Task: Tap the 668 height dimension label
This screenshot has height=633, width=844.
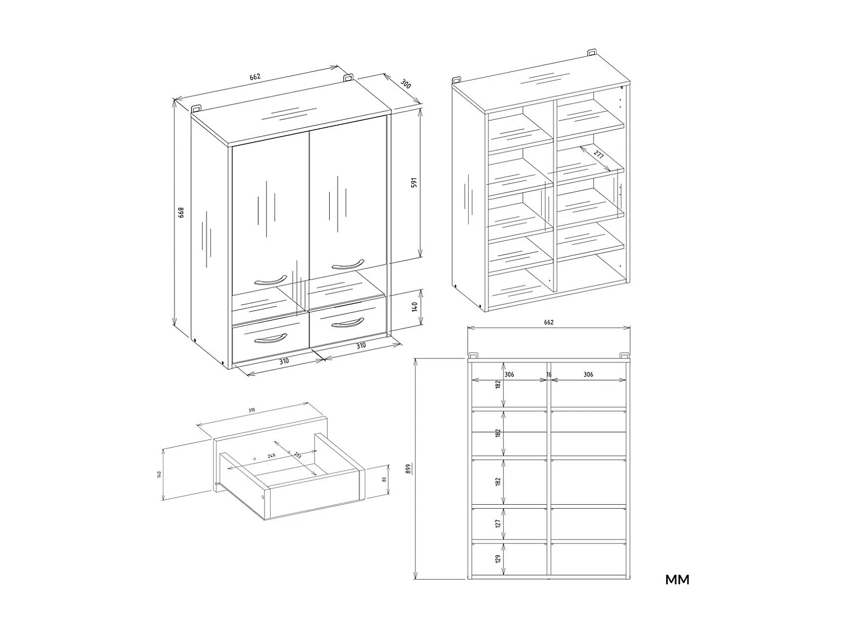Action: pos(181,212)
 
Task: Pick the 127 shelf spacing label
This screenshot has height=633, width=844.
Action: pos(497,524)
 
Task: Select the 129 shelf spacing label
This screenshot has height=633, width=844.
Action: pos(497,559)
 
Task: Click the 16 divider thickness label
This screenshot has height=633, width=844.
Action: pos(549,374)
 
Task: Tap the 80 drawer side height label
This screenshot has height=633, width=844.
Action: pos(383,479)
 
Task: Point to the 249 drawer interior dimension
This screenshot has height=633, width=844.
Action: pos(271,456)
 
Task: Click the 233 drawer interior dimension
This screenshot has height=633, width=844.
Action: pos(297,455)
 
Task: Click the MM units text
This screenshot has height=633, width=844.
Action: pos(677,580)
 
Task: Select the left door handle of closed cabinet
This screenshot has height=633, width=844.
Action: pos(270,279)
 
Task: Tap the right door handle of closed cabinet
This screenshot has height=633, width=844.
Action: pos(348,264)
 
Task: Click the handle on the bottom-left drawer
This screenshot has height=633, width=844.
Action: pos(271,338)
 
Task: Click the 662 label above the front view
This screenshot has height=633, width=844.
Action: pos(549,322)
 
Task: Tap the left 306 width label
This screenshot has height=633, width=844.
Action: pos(509,374)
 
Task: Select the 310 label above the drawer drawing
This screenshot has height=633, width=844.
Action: pos(252,410)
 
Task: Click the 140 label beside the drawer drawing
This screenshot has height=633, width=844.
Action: pos(159,474)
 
